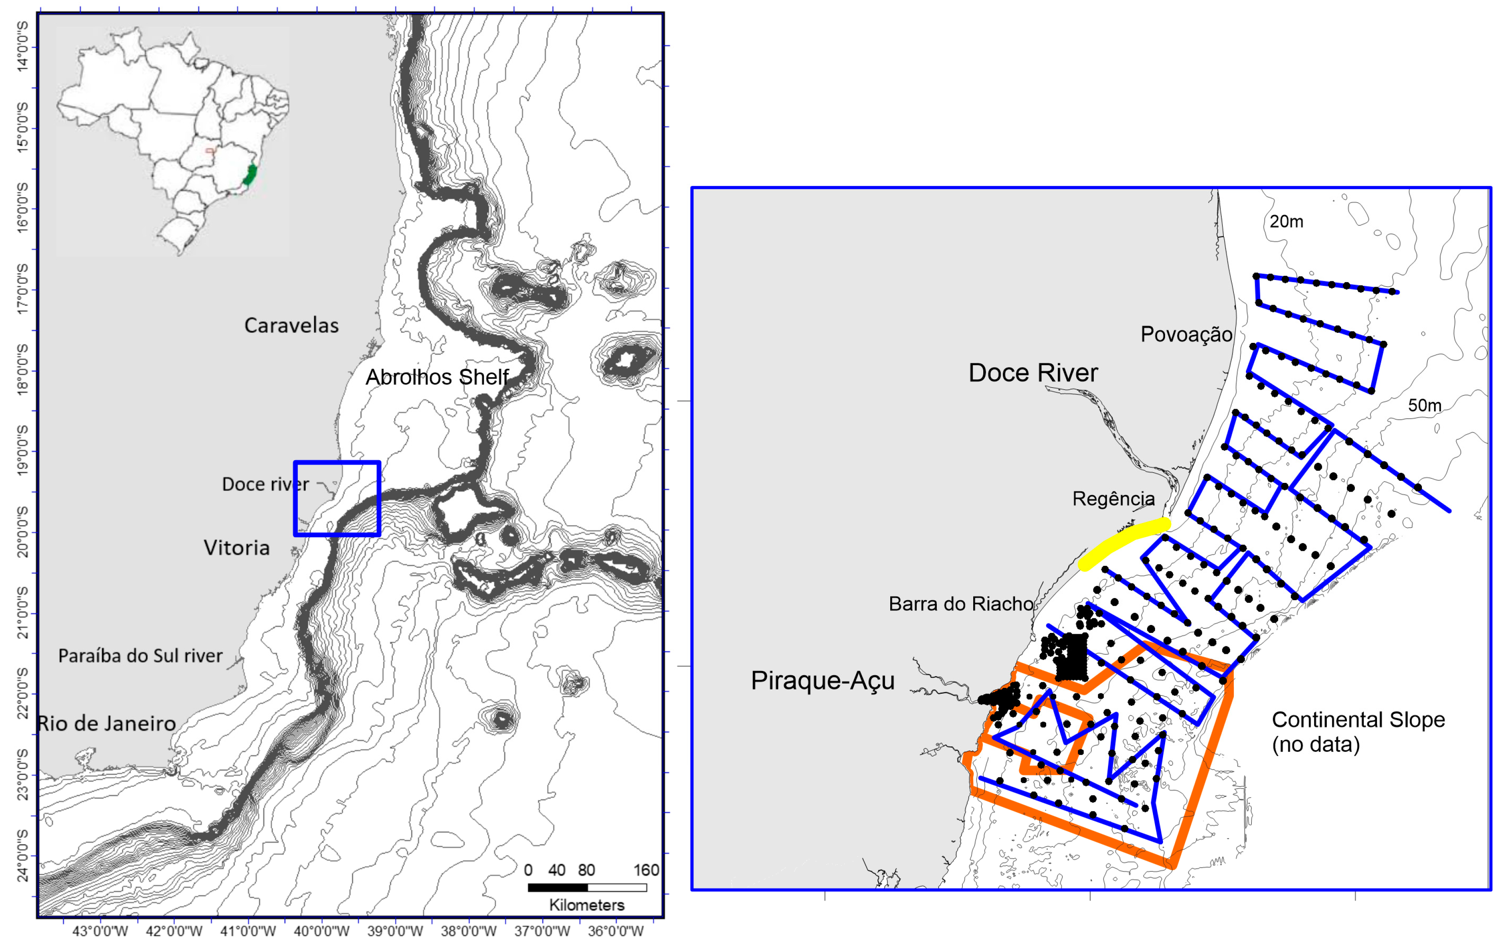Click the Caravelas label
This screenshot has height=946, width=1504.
point(291,326)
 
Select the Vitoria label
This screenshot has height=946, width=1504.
point(237,548)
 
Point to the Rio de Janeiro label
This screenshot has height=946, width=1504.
point(107,723)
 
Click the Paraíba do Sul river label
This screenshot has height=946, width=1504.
point(140,656)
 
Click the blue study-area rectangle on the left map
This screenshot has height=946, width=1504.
point(337,463)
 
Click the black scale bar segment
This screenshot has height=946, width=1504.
point(557,887)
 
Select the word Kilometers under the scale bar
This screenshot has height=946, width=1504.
point(587,905)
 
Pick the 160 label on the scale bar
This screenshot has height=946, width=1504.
point(646,870)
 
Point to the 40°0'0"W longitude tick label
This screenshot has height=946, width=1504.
point(322,931)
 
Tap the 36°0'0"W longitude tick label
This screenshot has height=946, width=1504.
point(615,931)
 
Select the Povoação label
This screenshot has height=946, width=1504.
point(1186,334)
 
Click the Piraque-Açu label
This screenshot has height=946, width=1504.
point(822,680)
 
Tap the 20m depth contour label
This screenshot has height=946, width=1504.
point(1286,222)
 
